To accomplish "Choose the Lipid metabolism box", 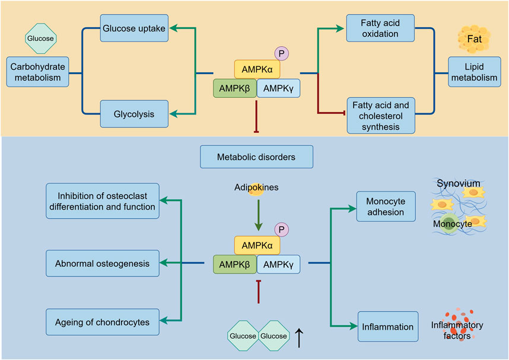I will [473, 73].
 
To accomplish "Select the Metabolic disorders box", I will [256, 158].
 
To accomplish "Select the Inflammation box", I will [387, 326].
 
